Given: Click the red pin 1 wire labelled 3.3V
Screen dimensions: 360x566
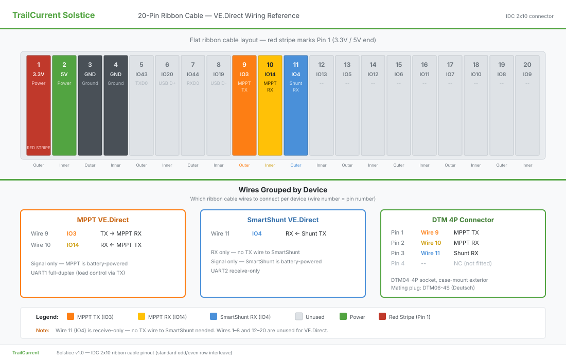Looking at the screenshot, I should [x=39, y=105].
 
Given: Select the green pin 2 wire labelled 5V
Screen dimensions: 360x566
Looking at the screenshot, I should [x=64, y=105].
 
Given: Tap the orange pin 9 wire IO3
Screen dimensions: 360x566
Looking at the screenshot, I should [x=244, y=105].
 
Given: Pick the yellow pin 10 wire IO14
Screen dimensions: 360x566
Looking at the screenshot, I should [x=270, y=105].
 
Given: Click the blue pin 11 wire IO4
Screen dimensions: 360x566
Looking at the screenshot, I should [x=296, y=105].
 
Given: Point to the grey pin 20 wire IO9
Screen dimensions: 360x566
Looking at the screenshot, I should [x=527, y=105].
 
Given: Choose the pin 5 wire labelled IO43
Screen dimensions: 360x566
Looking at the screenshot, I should [x=141, y=105].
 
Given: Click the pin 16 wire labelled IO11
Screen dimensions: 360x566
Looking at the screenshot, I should [x=424, y=105].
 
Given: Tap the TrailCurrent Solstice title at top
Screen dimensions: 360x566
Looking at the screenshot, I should [x=54, y=15].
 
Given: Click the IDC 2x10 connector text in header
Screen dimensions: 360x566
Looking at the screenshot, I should [x=529, y=16].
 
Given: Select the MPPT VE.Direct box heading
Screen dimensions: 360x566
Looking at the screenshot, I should [x=102, y=220].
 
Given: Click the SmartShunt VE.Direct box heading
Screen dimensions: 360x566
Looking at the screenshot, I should [x=283, y=220].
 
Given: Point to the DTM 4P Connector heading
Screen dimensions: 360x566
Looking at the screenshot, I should [x=463, y=220].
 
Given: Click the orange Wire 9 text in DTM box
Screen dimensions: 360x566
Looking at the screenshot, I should [x=430, y=232].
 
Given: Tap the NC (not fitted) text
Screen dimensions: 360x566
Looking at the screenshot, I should [x=472, y=263].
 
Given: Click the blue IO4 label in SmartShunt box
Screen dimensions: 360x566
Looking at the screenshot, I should [x=257, y=233].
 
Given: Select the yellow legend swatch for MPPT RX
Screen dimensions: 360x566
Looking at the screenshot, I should [x=141, y=317].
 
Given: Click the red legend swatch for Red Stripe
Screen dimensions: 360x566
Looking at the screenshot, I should [x=382, y=317].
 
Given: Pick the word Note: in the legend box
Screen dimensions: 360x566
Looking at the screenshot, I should [x=43, y=330].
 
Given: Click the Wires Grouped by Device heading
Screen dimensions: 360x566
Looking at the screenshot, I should [x=283, y=190].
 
